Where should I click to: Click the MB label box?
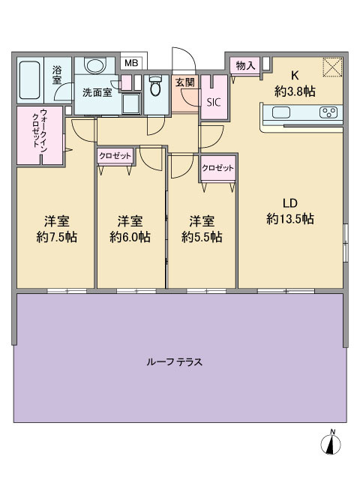tap(132, 63)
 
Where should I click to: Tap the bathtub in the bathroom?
tap(30, 80)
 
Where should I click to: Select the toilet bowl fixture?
tap(155, 86)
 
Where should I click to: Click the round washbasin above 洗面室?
tap(95, 66)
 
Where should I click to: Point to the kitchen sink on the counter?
tap(281, 112)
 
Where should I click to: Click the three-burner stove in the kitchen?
tap(328, 112)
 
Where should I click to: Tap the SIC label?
tap(213, 102)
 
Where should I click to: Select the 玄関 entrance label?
tap(185, 82)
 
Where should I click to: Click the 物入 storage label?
tap(245, 65)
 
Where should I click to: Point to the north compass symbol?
tap(331, 442)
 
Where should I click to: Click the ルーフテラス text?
tap(175, 362)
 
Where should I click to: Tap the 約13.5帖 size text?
tap(290, 219)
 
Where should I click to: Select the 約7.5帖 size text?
tap(57, 237)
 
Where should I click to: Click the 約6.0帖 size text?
tap(130, 237)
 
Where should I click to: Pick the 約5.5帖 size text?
tap(202, 237)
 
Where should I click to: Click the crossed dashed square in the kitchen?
tap(332, 67)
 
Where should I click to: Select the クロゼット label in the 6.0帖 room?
tap(115, 156)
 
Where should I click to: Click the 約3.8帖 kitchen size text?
tap(295, 91)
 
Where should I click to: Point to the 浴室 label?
tap(57, 75)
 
